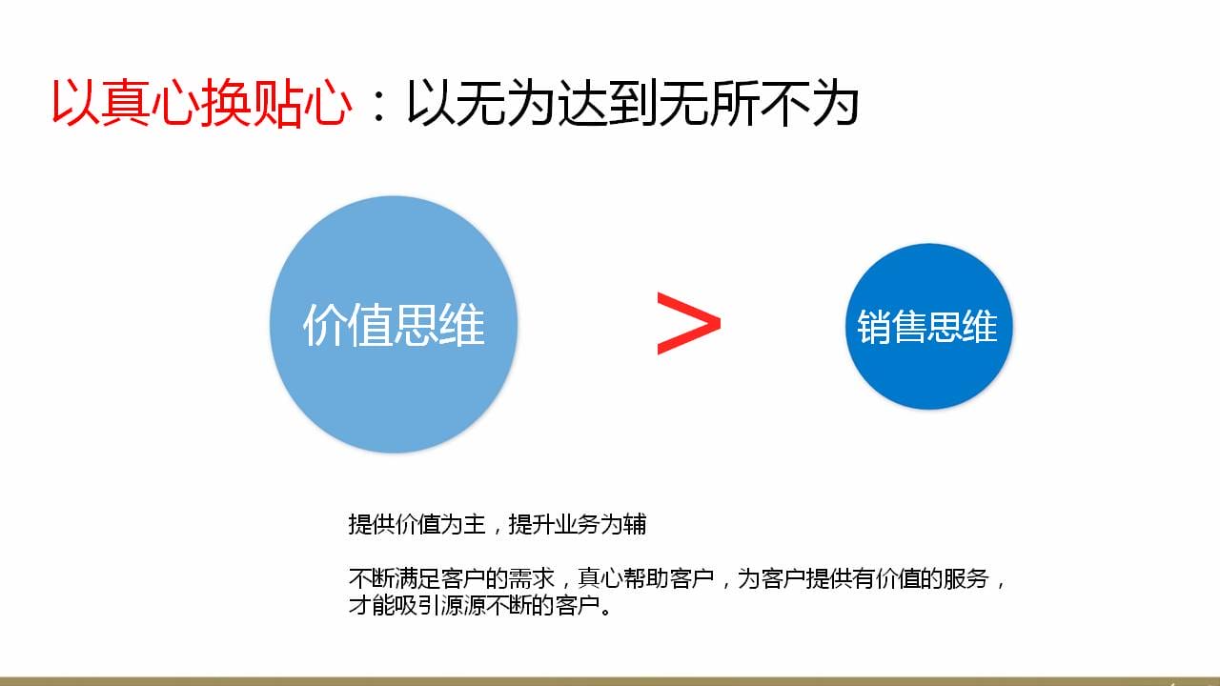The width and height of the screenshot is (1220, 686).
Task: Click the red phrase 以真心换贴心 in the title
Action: [201, 103]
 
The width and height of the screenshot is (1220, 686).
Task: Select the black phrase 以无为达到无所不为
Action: [633, 103]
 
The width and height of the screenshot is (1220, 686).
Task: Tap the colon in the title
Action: [379, 106]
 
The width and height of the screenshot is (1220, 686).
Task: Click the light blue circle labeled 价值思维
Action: [394, 325]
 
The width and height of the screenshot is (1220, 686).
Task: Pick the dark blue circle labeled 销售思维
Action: [928, 326]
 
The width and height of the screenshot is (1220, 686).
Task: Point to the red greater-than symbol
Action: [689, 323]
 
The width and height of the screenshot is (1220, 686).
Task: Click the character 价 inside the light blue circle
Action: [325, 325]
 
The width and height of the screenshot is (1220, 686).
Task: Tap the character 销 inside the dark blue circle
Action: [874, 327]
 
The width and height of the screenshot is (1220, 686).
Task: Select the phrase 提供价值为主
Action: [417, 524]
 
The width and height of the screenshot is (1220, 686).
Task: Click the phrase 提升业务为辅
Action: [578, 524]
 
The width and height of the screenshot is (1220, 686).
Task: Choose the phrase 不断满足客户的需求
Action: [452, 578]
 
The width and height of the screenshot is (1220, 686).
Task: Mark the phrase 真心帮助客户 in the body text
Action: [646, 578]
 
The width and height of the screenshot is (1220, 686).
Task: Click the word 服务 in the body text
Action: [966, 578]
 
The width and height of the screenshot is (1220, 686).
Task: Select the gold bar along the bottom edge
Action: [610, 681]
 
